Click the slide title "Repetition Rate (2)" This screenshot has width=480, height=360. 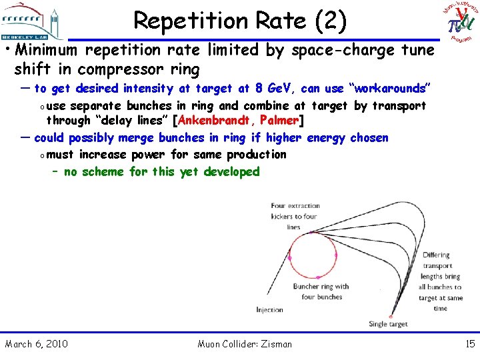(240, 21)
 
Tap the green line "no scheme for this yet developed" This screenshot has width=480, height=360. (161, 171)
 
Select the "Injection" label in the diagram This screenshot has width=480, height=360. (270, 310)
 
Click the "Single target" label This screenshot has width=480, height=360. (387, 325)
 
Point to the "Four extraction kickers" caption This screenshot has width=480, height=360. (296, 216)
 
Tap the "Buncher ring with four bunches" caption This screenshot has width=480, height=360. (321, 291)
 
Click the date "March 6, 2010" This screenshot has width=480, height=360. (36, 344)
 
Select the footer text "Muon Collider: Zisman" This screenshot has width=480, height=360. (245, 344)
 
